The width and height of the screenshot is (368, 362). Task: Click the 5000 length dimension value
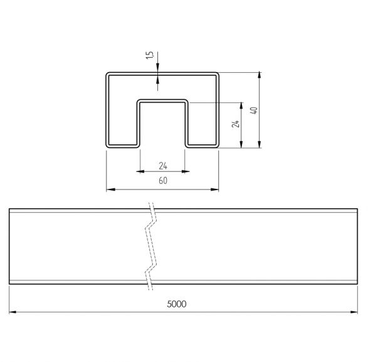(177, 304)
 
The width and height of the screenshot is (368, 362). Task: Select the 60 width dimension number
(163, 181)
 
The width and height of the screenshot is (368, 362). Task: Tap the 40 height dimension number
(254, 110)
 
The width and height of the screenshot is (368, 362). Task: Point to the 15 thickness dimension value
(150, 55)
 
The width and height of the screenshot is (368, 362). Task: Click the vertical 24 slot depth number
(236, 124)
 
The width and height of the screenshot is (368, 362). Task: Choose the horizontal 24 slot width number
(163, 166)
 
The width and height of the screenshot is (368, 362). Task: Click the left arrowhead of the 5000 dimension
(13, 312)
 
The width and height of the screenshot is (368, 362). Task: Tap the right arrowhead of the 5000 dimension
(354, 312)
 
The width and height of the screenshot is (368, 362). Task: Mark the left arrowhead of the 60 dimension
(110, 189)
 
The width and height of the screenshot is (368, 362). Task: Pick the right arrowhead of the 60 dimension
(214, 189)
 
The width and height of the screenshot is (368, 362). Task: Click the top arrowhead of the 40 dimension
(260, 75)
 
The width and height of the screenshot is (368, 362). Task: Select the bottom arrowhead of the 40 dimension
(260, 144)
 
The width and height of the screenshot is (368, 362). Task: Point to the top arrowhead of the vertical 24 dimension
(241, 106)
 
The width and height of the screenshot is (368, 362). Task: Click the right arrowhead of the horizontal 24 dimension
(186, 171)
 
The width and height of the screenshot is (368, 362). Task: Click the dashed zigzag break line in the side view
(150, 246)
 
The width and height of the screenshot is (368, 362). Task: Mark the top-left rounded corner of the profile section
(107, 74)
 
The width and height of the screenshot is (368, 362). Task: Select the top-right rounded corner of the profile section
(217, 74)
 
